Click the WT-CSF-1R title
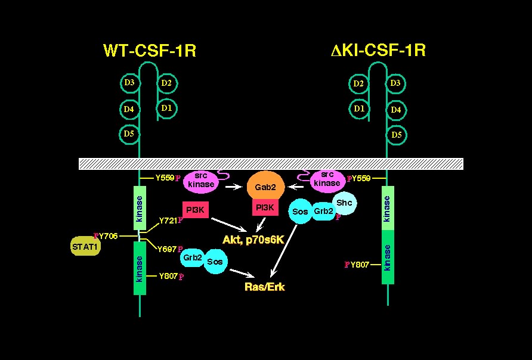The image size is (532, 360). point(149,51)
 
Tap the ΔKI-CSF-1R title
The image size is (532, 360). point(378,50)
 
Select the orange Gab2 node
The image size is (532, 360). point(265,187)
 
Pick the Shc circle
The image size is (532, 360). point(345,203)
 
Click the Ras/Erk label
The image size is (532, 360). point(265,287)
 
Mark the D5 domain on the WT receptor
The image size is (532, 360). point(129,134)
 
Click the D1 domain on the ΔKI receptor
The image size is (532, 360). point(359,109)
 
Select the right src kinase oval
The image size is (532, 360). point(327,180)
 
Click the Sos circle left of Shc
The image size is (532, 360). point(300,211)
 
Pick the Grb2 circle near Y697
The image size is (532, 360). point(191,259)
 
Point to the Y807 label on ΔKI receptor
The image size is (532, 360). point(360,264)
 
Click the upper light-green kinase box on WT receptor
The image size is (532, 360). point(140,207)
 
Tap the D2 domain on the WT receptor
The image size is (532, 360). point(166,83)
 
